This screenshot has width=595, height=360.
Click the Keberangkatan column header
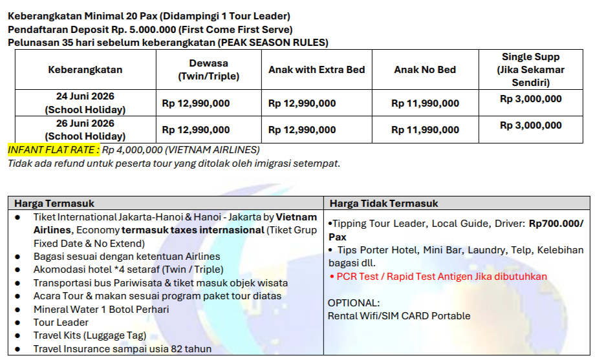pos(85,70)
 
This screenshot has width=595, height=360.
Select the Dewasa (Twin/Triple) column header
pos(208,70)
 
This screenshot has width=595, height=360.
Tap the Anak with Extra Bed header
pos(316,70)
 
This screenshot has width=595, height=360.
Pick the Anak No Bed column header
pos(425,70)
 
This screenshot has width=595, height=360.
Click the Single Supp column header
pos(530,70)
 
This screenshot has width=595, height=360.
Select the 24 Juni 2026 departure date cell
pos(85,103)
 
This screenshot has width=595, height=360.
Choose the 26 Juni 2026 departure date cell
pos(85,130)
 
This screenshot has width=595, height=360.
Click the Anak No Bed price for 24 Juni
pos(425,103)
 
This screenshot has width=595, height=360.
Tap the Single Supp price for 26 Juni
pos(530,125)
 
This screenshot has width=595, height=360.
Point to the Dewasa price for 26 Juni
pos(195,130)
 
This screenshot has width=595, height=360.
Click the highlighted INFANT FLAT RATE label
pos(54,150)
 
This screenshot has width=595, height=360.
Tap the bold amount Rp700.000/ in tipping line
pos(556,224)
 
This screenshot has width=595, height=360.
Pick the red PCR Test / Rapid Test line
pos(437,277)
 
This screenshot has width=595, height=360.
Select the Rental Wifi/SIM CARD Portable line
pos(399,316)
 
